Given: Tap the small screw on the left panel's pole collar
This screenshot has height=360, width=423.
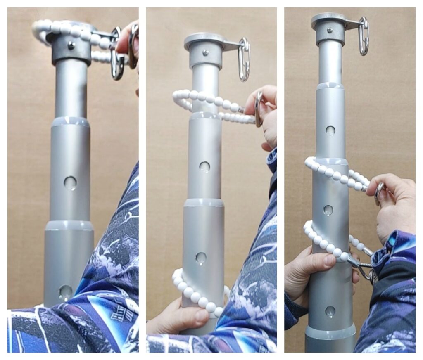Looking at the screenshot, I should pyautogui.click(x=71, y=45).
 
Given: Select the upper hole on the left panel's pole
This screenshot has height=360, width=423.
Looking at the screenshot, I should pyautogui.click(x=70, y=183).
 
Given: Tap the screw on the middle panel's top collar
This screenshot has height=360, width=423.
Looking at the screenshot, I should pyautogui.click(x=205, y=52).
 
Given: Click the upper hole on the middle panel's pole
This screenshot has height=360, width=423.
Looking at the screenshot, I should pyautogui.click(x=204, y=166).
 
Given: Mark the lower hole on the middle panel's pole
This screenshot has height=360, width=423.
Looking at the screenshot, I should pyautogui.click(x=201, y=258).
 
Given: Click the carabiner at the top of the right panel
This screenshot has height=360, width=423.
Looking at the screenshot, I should pyautogui.click(x=364, y=36).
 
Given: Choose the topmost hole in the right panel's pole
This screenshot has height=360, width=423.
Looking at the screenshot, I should pyautogui.click(x=330, y=130).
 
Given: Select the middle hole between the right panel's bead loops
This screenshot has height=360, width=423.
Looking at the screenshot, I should pyautogui.click(x=328, y=210).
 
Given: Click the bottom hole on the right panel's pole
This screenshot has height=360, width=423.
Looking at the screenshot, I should pyautogui.click(x=330, y=311).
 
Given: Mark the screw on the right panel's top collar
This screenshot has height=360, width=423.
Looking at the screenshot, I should pyautogui.click(x=330, y=30).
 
